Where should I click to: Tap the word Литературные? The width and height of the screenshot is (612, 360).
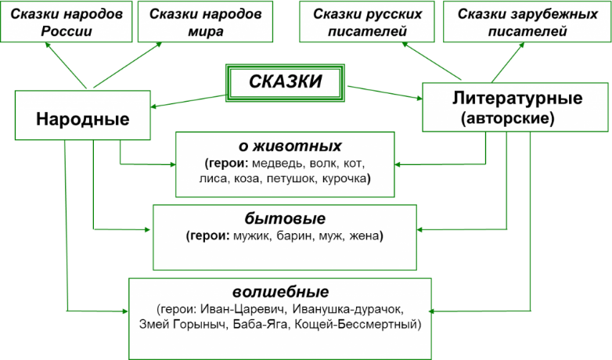click(517, 99)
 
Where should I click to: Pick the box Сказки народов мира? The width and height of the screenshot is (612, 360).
click(195, 23)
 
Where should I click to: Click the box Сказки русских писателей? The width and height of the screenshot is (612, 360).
click(366, 23)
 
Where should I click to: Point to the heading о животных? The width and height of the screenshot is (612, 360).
click(290, 146)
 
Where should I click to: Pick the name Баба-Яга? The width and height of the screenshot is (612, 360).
click(259, 323)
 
